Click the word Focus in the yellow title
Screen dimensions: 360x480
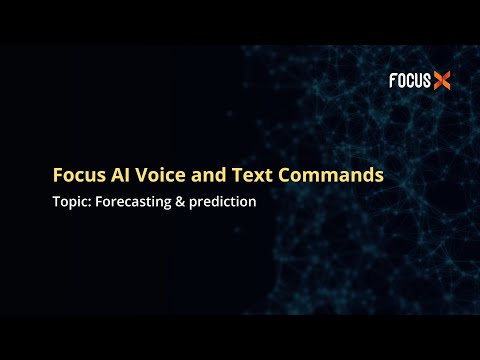coord(78,175)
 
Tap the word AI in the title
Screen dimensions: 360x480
coord(121,175)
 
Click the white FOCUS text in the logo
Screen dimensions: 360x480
coord(409,81)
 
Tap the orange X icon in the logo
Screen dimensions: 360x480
coord(441,81)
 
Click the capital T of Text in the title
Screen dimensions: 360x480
coord(235,175)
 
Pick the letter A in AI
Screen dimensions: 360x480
coord(117,175)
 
